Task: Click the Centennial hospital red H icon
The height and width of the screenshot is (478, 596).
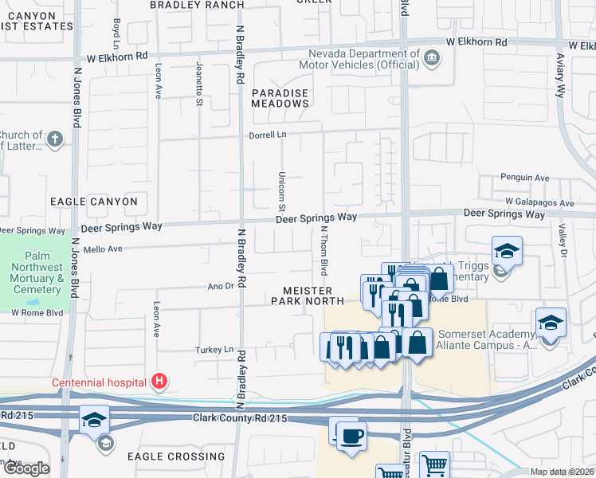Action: click(160, 382)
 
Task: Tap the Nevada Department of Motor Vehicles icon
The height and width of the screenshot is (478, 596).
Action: click(431, 57)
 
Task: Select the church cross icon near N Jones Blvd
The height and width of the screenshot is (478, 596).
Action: click(54, 140)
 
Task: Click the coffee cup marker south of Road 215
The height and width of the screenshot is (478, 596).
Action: click(351, 436)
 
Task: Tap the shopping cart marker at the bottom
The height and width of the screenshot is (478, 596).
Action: click(433, 465)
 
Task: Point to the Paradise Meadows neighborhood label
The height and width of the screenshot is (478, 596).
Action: click(280, 99)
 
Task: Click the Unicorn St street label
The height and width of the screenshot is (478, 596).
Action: click(282, 190)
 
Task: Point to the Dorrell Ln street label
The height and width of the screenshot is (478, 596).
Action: click(270, 135)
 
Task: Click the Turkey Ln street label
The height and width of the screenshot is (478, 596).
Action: click(214, 350)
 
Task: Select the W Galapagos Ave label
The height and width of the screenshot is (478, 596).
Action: click(539, 203)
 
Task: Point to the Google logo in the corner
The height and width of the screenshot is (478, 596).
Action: click(25, 468)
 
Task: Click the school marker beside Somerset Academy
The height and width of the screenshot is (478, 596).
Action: click(551, 322)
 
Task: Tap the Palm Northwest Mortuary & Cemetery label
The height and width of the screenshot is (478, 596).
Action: click(37, 278)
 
